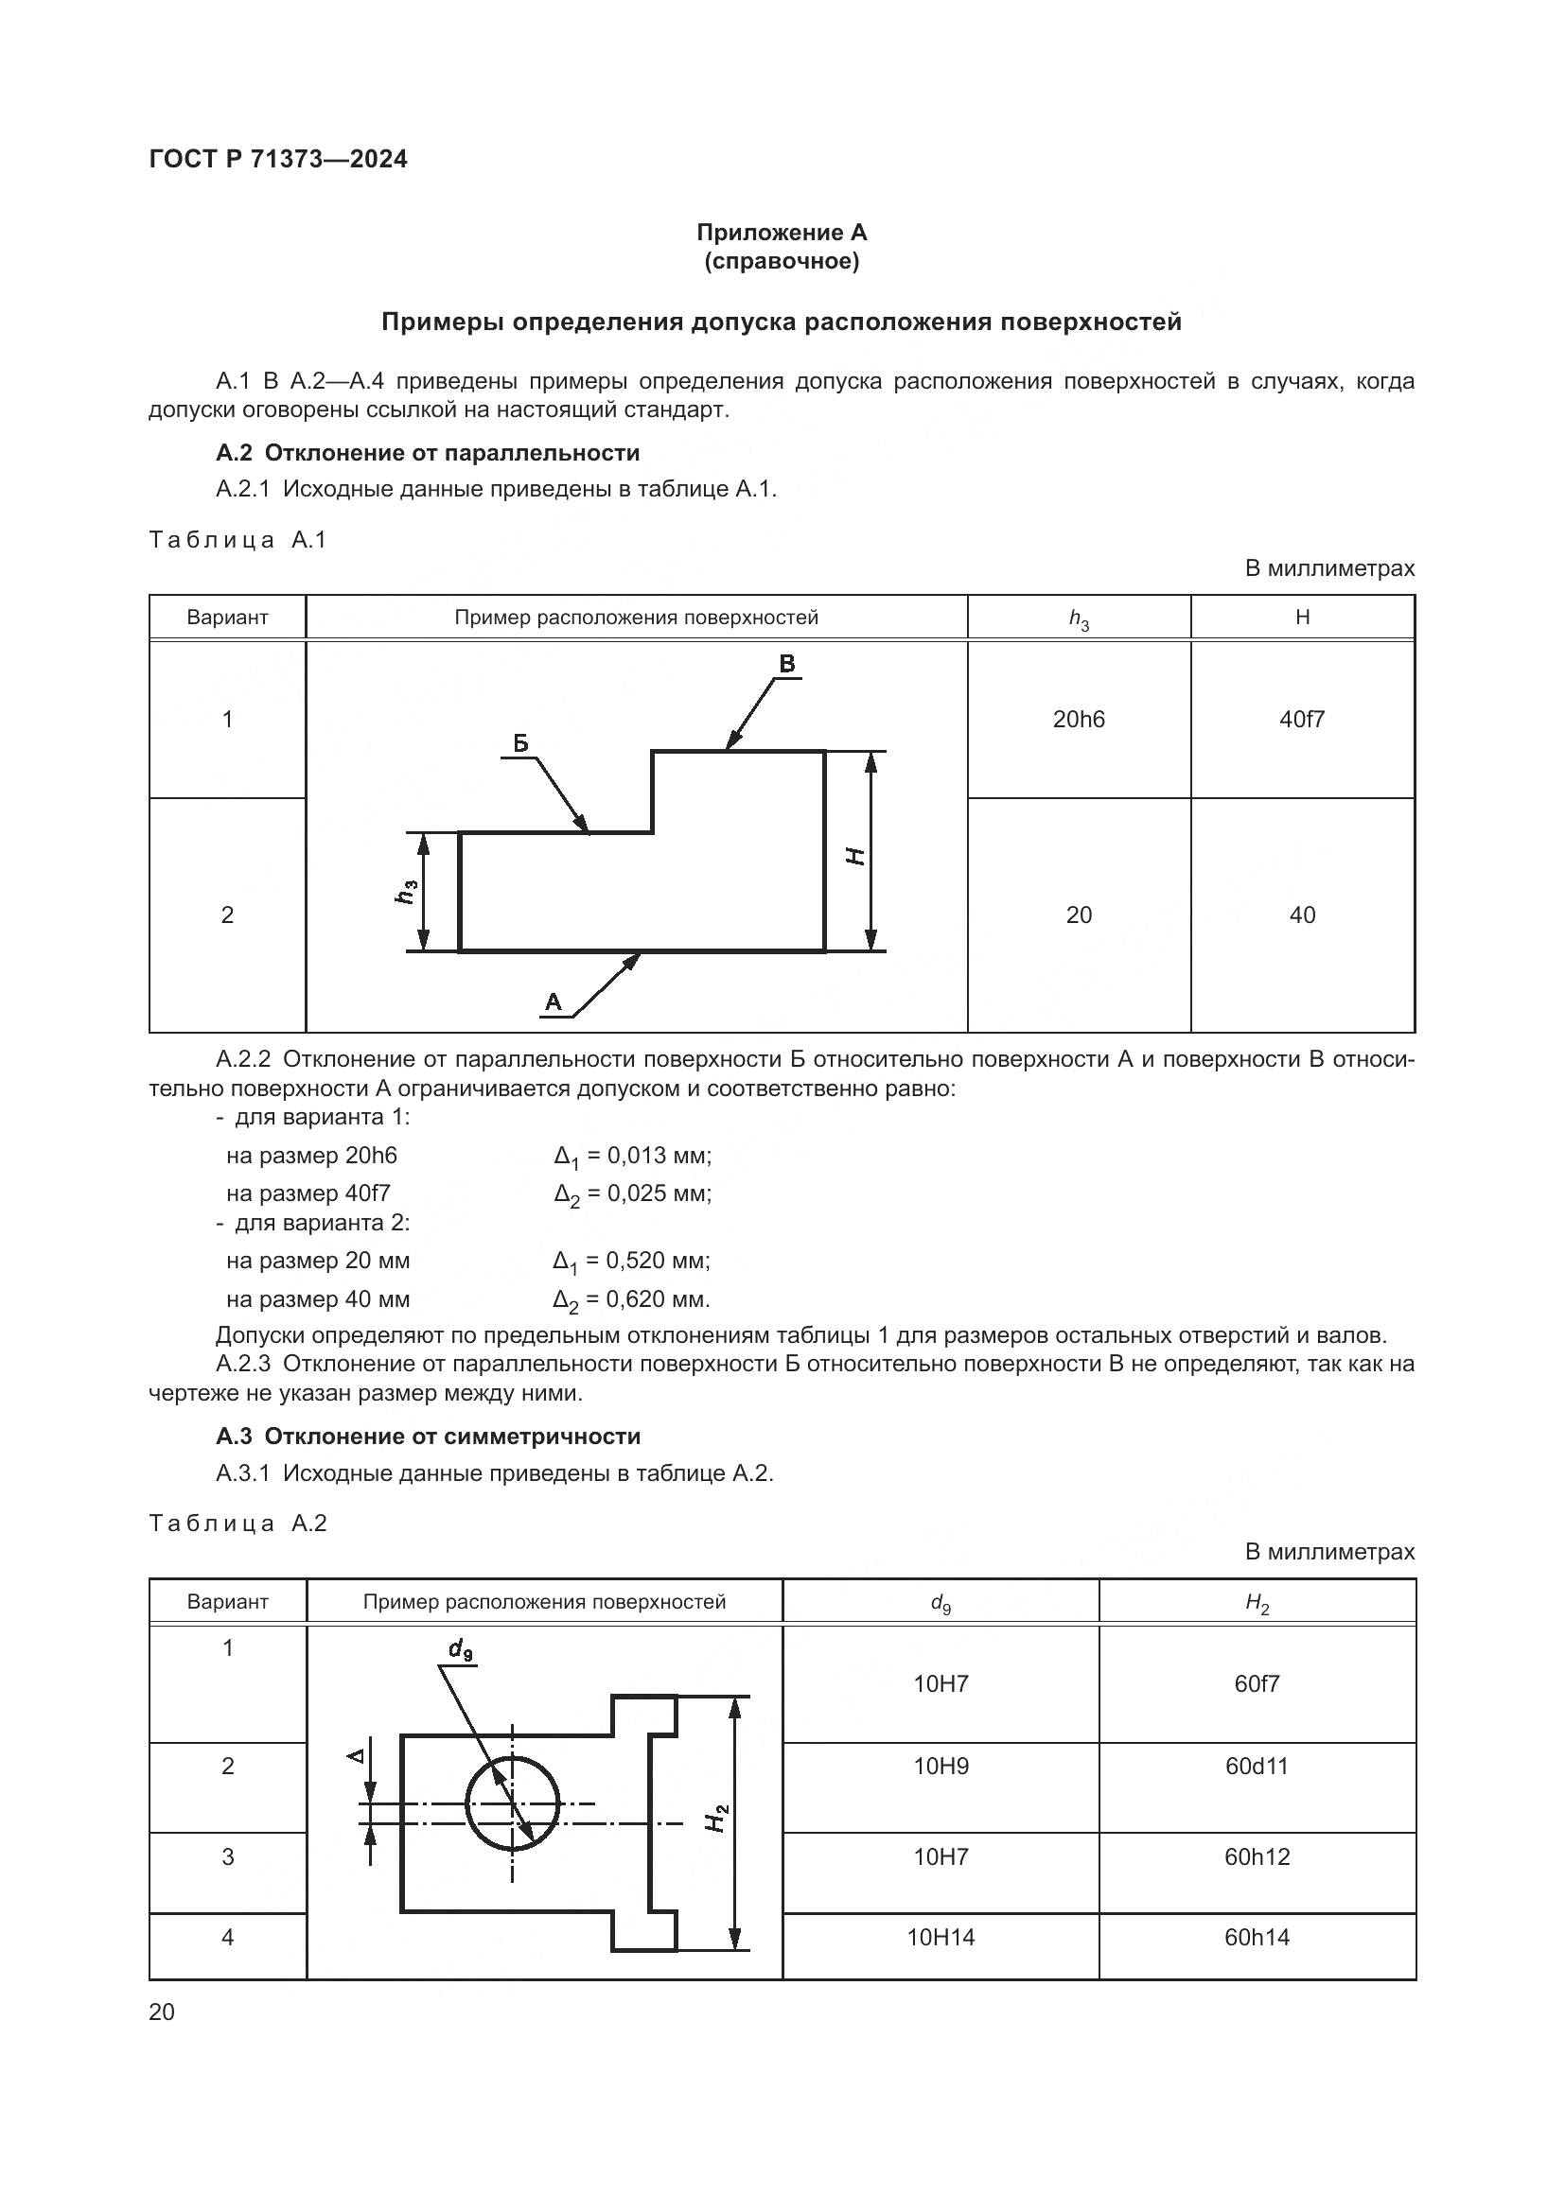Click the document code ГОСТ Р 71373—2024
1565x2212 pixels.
278,159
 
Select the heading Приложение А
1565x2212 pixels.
782,233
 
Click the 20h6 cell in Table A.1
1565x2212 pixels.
1079,720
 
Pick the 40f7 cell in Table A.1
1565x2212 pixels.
1302,720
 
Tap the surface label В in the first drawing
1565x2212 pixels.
786,664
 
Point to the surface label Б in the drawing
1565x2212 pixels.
520,742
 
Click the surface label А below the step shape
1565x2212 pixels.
554,1001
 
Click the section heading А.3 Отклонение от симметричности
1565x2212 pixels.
428,1437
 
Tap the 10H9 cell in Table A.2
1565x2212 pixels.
941,1766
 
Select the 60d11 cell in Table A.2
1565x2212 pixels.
1257,1766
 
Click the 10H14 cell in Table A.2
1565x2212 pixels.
941,1938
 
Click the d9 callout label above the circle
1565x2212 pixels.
461,1650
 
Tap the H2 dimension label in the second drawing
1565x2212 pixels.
717,1818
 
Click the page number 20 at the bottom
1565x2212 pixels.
162,2012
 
